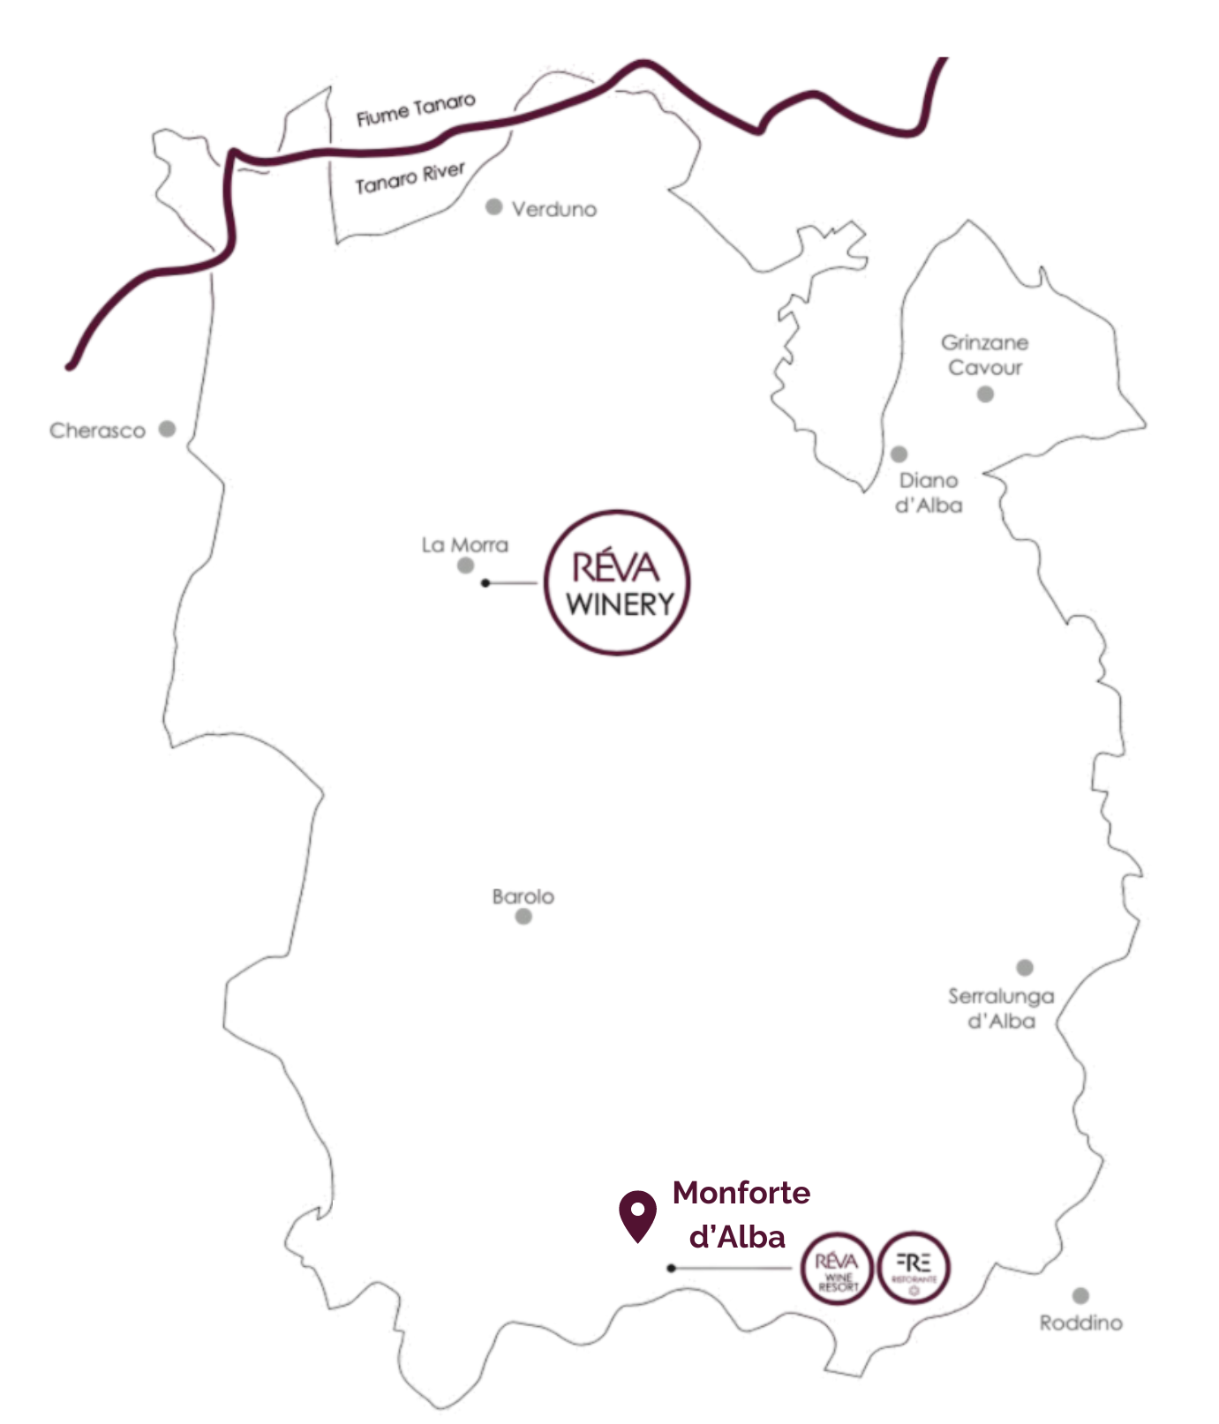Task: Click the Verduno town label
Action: [553, 209]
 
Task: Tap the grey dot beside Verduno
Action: [494, 207]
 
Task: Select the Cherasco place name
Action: [97, 431]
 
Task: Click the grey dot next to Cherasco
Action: [167, 430]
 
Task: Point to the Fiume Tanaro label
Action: [416, 109]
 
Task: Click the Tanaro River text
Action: [410, 177]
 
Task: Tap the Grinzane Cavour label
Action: [984, 355]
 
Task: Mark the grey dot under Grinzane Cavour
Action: [985, 394]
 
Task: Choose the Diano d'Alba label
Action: [929, 492]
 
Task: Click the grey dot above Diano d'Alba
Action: [899, 454]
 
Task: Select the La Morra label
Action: [465, 544]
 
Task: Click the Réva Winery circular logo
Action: [617, 582]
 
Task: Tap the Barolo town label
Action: [523, 896]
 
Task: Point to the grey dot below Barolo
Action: [523, 917]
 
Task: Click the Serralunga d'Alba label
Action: [1001, 1008]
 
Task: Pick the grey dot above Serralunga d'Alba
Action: [1025, 968]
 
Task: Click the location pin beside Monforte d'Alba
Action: [637, 1214]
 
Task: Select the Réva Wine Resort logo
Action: [837, 1269]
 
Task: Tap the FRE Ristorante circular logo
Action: [914, 1269]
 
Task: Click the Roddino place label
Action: [1080, 1323]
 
